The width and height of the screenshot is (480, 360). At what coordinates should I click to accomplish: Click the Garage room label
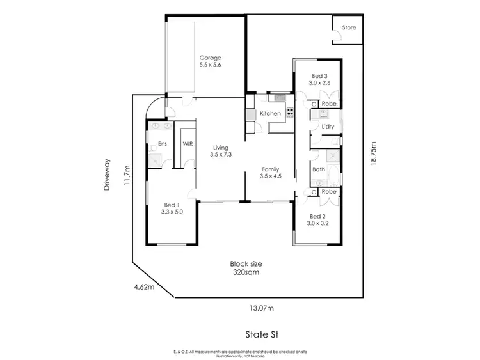tap(210, 58)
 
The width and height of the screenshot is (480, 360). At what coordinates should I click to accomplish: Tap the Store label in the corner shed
tap(349, 27)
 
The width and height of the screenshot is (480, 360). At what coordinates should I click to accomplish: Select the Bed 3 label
tap(319, 75)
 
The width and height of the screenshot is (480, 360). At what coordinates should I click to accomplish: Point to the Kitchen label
tap(270, 113)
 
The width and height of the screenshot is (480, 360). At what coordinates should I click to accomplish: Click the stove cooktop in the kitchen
tap(290, 114)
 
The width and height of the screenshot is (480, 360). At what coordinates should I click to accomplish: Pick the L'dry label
tap(328, 126)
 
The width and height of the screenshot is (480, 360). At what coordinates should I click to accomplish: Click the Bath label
tap(319, 169)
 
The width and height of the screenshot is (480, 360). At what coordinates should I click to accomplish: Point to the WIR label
tap(188, 145)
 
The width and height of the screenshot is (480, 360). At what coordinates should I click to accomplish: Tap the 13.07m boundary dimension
tap(261, 308)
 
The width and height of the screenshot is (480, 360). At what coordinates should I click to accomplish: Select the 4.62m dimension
tap(144, 287)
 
